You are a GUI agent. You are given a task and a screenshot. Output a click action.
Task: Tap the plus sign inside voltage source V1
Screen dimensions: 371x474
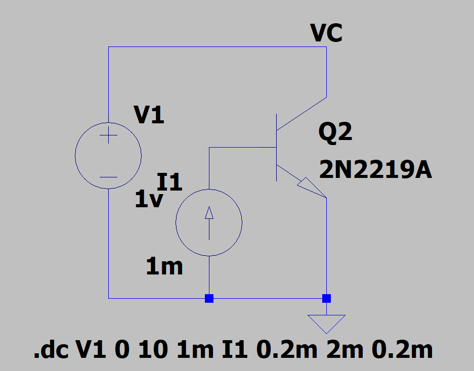coord(108,136)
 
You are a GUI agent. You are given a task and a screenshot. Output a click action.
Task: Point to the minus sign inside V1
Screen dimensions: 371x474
coord(108,177)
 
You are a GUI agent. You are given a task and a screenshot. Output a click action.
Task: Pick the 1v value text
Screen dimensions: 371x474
coord(149,201)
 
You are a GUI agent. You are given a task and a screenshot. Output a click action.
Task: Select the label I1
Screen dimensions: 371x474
coord(170,182)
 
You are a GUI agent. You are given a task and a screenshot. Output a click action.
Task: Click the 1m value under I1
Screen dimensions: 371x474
coord(164,266)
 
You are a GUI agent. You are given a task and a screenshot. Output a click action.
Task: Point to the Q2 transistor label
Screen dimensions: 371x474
coord(335,133)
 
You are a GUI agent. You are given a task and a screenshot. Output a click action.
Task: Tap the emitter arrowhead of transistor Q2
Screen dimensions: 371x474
coord(310,189)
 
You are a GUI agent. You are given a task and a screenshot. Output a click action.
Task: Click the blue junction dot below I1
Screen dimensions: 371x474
coord(209,298)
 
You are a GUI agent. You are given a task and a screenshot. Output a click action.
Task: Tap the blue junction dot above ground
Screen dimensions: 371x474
coord(327,298)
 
